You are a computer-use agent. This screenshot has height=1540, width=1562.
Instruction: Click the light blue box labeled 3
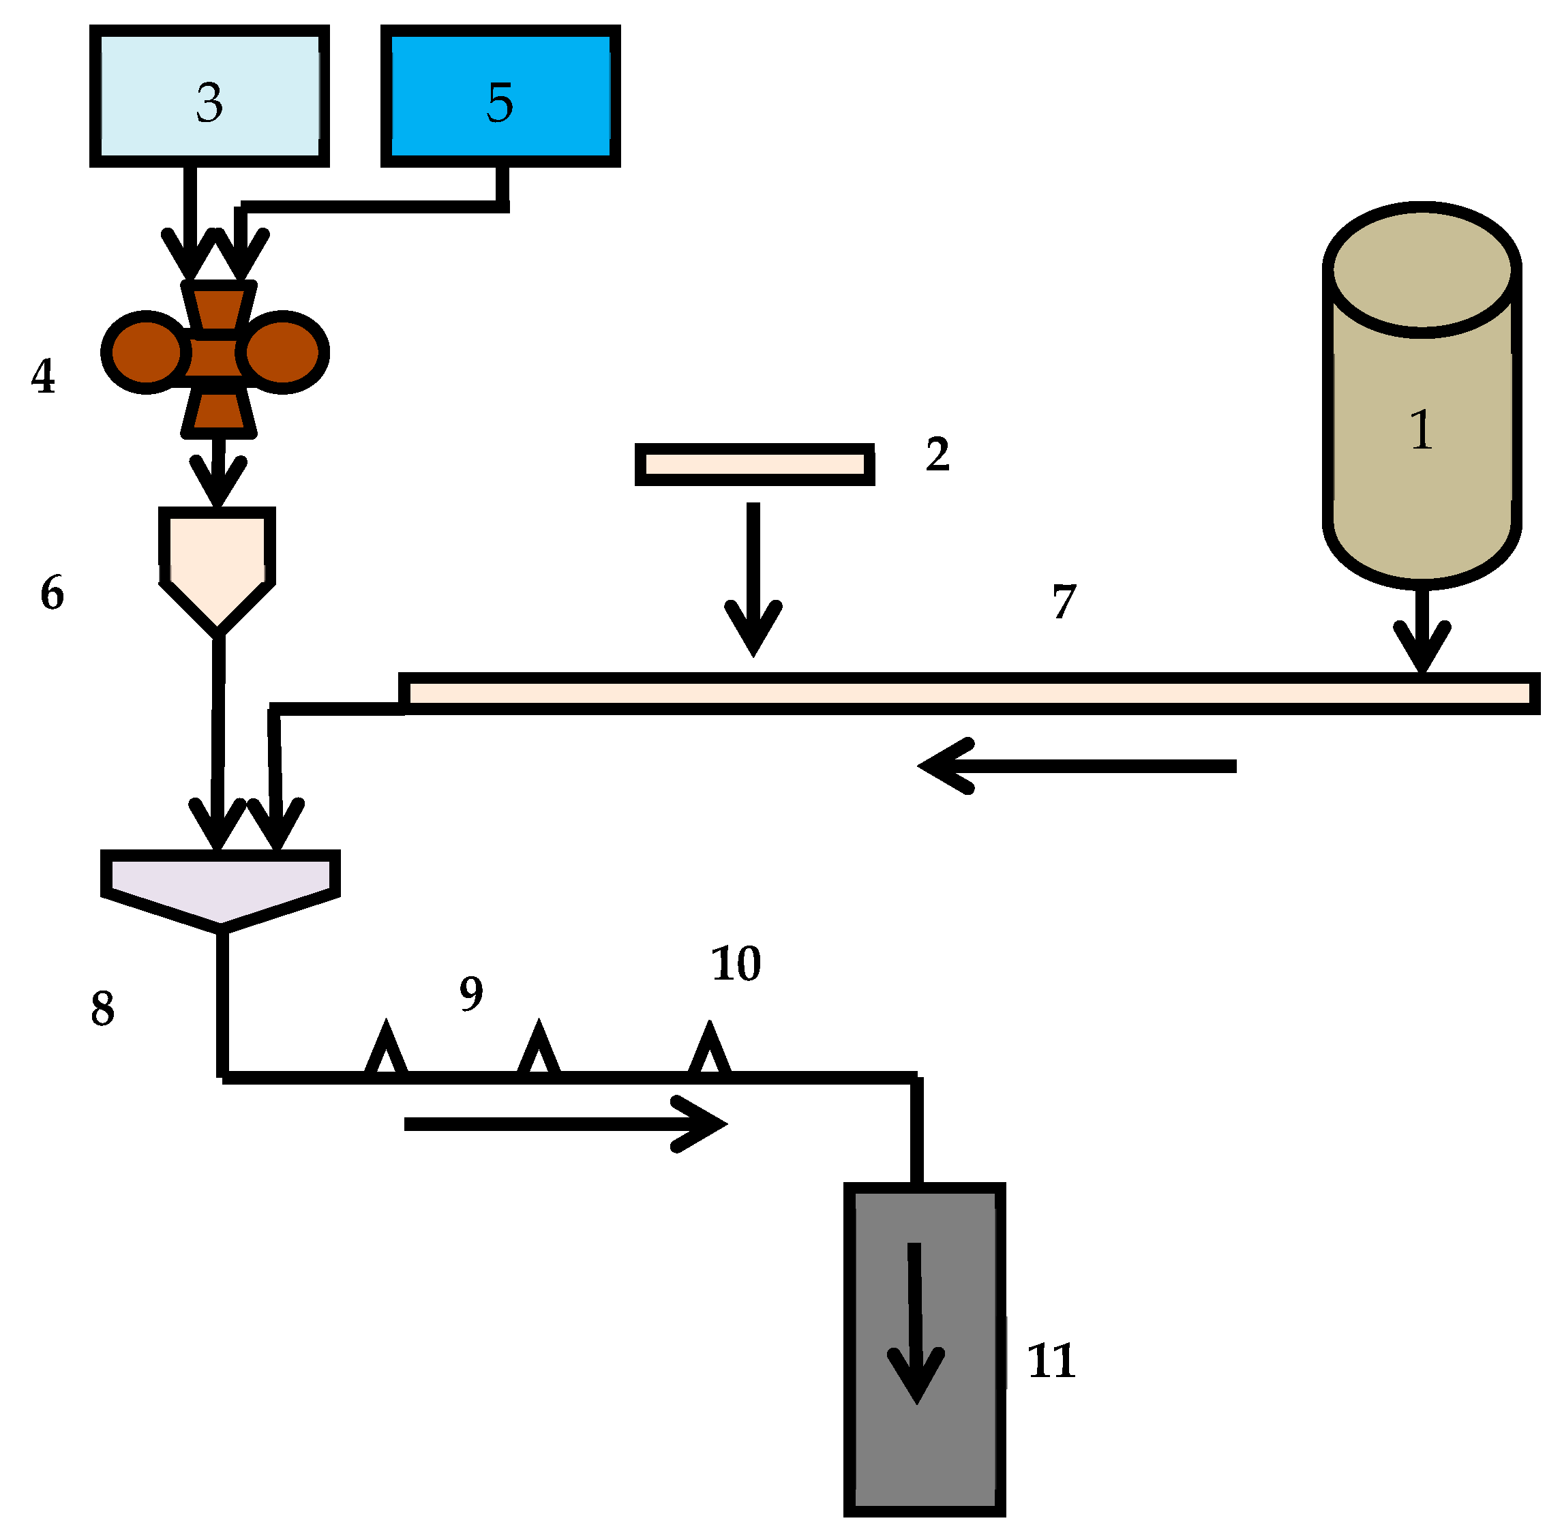tap(209, 95)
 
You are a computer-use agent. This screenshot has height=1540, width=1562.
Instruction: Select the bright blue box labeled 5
tap(500, 95)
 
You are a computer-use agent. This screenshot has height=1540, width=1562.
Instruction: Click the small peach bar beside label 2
tap(753, 464)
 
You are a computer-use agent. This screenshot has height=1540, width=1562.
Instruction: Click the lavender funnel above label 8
tap(220, 885)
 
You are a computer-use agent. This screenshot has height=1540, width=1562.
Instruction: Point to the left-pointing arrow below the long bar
tap(1075, 765)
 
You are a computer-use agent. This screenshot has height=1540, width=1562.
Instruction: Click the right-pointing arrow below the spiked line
tap(566, 1123)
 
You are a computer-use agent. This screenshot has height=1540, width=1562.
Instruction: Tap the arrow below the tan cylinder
tap(1422, 631)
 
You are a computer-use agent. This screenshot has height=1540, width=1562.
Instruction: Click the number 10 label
tap(735, 964)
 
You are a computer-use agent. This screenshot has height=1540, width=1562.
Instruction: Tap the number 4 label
tap(43, 377)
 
